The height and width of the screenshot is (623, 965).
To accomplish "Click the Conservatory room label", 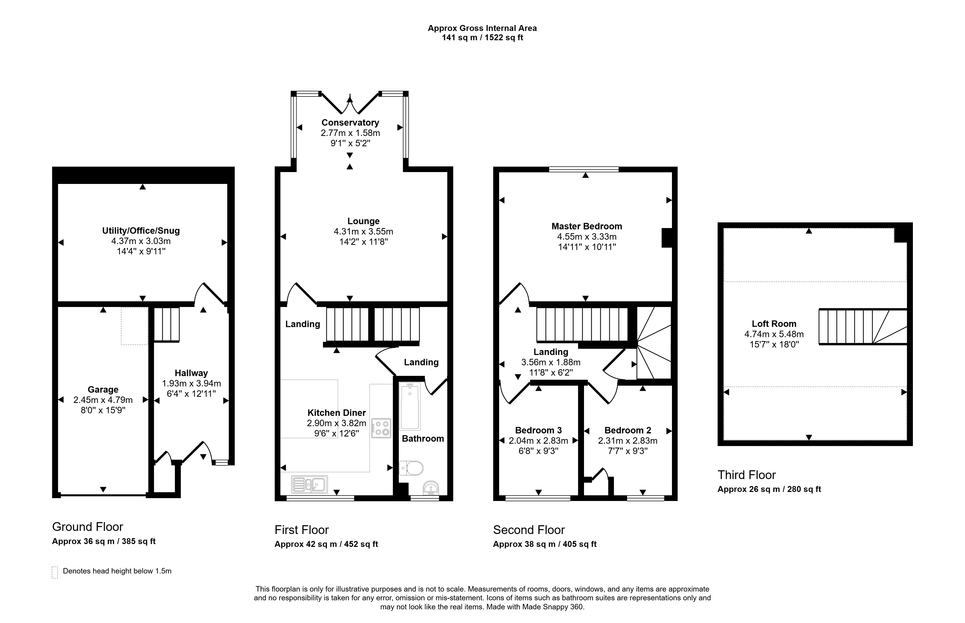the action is click(350, 123).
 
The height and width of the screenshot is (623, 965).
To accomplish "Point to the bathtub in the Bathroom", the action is click(410, 406).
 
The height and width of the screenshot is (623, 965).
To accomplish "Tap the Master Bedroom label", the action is click(587, 226).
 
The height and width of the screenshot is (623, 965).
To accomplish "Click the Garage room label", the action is click(103, 390).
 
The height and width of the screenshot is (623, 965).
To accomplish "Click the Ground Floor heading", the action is click(87, 527).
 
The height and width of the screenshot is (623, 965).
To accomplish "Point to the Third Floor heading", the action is click(747, 475).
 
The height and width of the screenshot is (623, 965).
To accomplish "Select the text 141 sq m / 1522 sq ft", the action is click(482, 38).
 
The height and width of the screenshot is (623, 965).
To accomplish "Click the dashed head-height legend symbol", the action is click(55, 572).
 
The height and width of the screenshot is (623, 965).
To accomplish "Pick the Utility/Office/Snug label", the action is click(141, 231).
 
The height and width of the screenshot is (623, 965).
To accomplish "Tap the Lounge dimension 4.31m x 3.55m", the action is click(363, 231).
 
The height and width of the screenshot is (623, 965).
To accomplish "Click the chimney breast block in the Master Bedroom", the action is click(667, 238).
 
